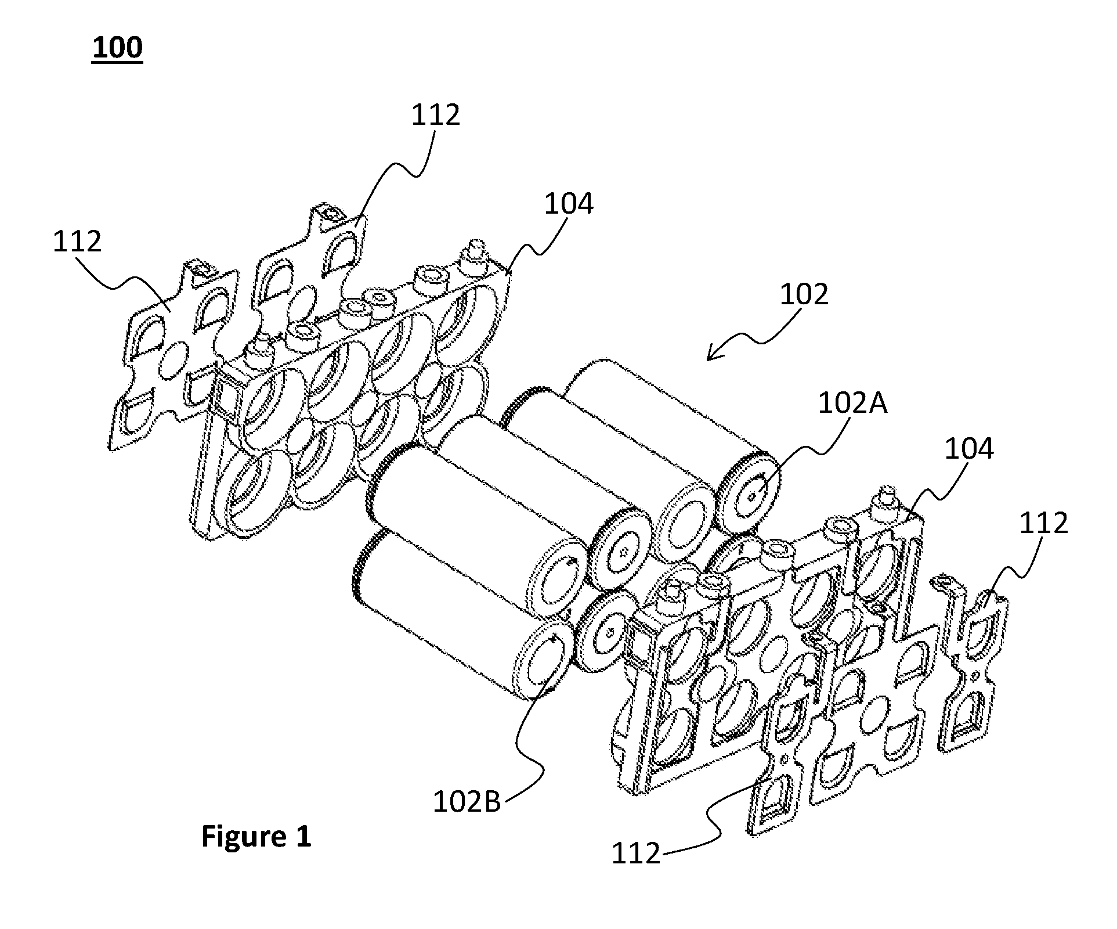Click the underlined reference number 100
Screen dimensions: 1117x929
117,48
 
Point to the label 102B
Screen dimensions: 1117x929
467,802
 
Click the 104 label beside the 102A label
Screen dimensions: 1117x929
969,449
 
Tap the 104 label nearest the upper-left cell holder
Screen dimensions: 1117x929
569,204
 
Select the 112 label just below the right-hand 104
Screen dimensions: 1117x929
1043,523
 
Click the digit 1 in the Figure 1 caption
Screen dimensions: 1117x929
303,837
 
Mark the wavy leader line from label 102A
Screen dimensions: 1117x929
798,452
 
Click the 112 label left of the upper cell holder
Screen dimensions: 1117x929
77,241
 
